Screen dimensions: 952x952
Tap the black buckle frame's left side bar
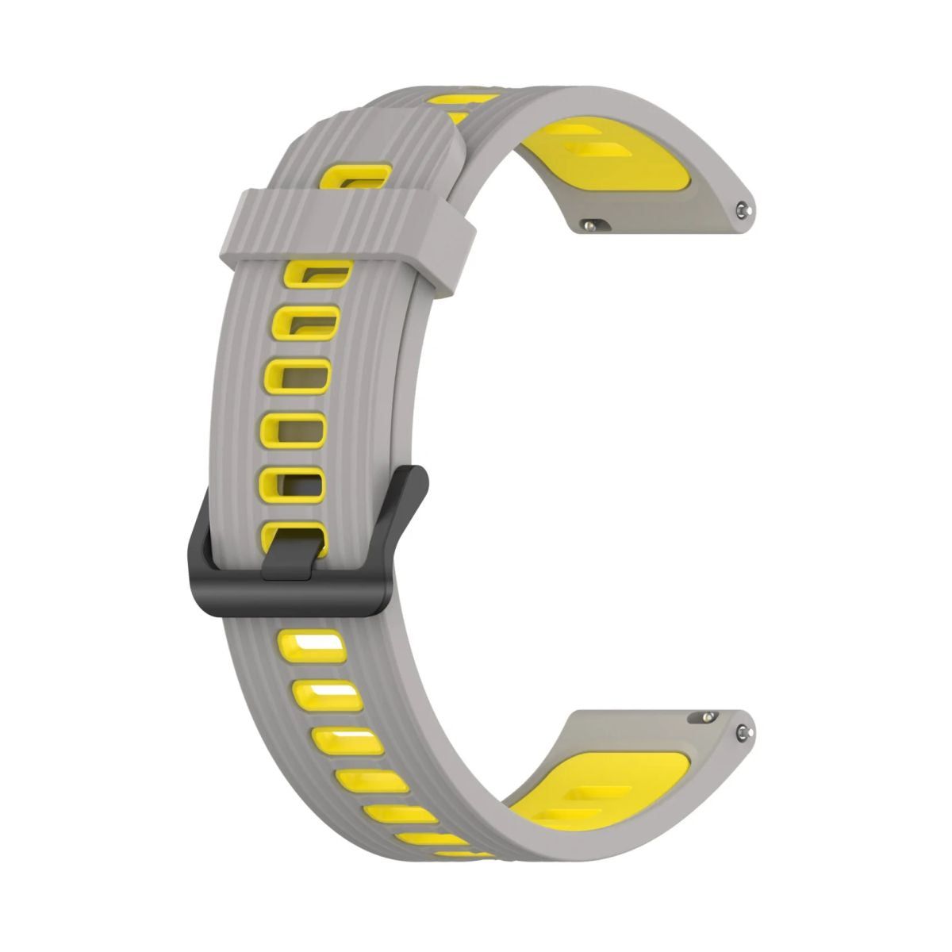(197, 547)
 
